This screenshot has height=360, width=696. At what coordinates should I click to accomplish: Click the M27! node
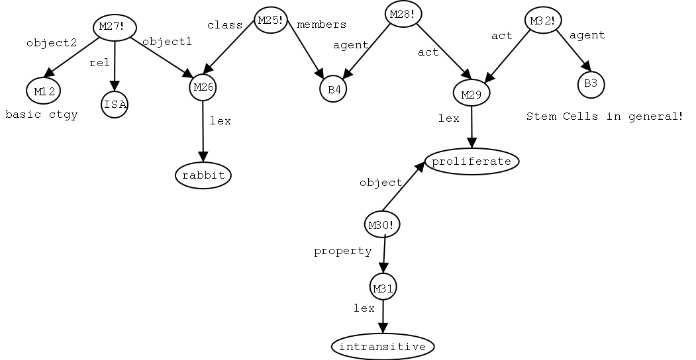[116, 27]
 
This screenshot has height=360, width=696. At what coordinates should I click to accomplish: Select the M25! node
[270, 21]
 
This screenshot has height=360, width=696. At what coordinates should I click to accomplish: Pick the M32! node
[543, 21]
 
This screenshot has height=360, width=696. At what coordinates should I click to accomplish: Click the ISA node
[115, 105]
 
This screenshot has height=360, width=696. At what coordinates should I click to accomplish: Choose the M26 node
[203, 87]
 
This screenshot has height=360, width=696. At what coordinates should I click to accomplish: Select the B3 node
[590, 84]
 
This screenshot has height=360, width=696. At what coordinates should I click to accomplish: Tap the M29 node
[471, 94]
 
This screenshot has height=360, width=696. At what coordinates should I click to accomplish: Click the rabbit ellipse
[204, 175]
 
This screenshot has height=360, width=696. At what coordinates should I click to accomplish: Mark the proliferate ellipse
[472, 161]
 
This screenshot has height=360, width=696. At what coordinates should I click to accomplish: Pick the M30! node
[383, 225]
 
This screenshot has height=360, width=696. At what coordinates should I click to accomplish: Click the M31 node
[383, 289]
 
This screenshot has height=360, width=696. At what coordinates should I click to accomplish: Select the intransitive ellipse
[383, 346]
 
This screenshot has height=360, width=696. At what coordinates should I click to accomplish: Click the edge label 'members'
[321, 25]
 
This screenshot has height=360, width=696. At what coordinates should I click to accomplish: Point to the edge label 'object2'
[52, 43]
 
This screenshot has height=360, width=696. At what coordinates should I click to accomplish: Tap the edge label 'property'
[342, 251]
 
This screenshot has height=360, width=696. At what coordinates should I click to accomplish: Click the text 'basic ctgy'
[42, 115]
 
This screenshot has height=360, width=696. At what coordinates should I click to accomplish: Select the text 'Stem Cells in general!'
[604, 116]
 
